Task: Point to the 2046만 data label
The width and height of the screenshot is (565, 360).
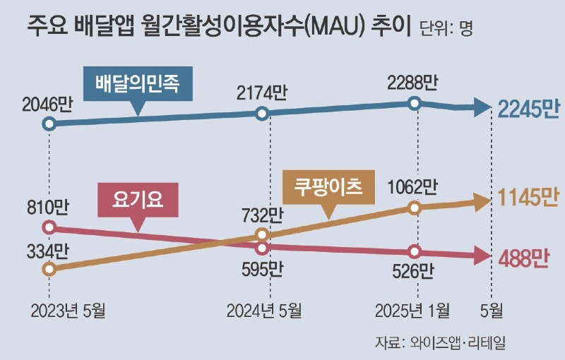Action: click(47, 107)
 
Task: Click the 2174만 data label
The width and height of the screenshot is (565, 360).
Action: click(262, 94)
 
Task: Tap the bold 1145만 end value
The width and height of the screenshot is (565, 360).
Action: click(528, 199)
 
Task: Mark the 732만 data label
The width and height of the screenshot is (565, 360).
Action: click(262, 215)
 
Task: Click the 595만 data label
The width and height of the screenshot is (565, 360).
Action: click(262, 269)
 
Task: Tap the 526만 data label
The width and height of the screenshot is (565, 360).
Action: click(415, 270)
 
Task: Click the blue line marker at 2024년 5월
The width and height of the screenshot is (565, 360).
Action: click(262, 114)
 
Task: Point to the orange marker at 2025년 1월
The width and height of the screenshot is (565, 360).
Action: click(415, 208)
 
